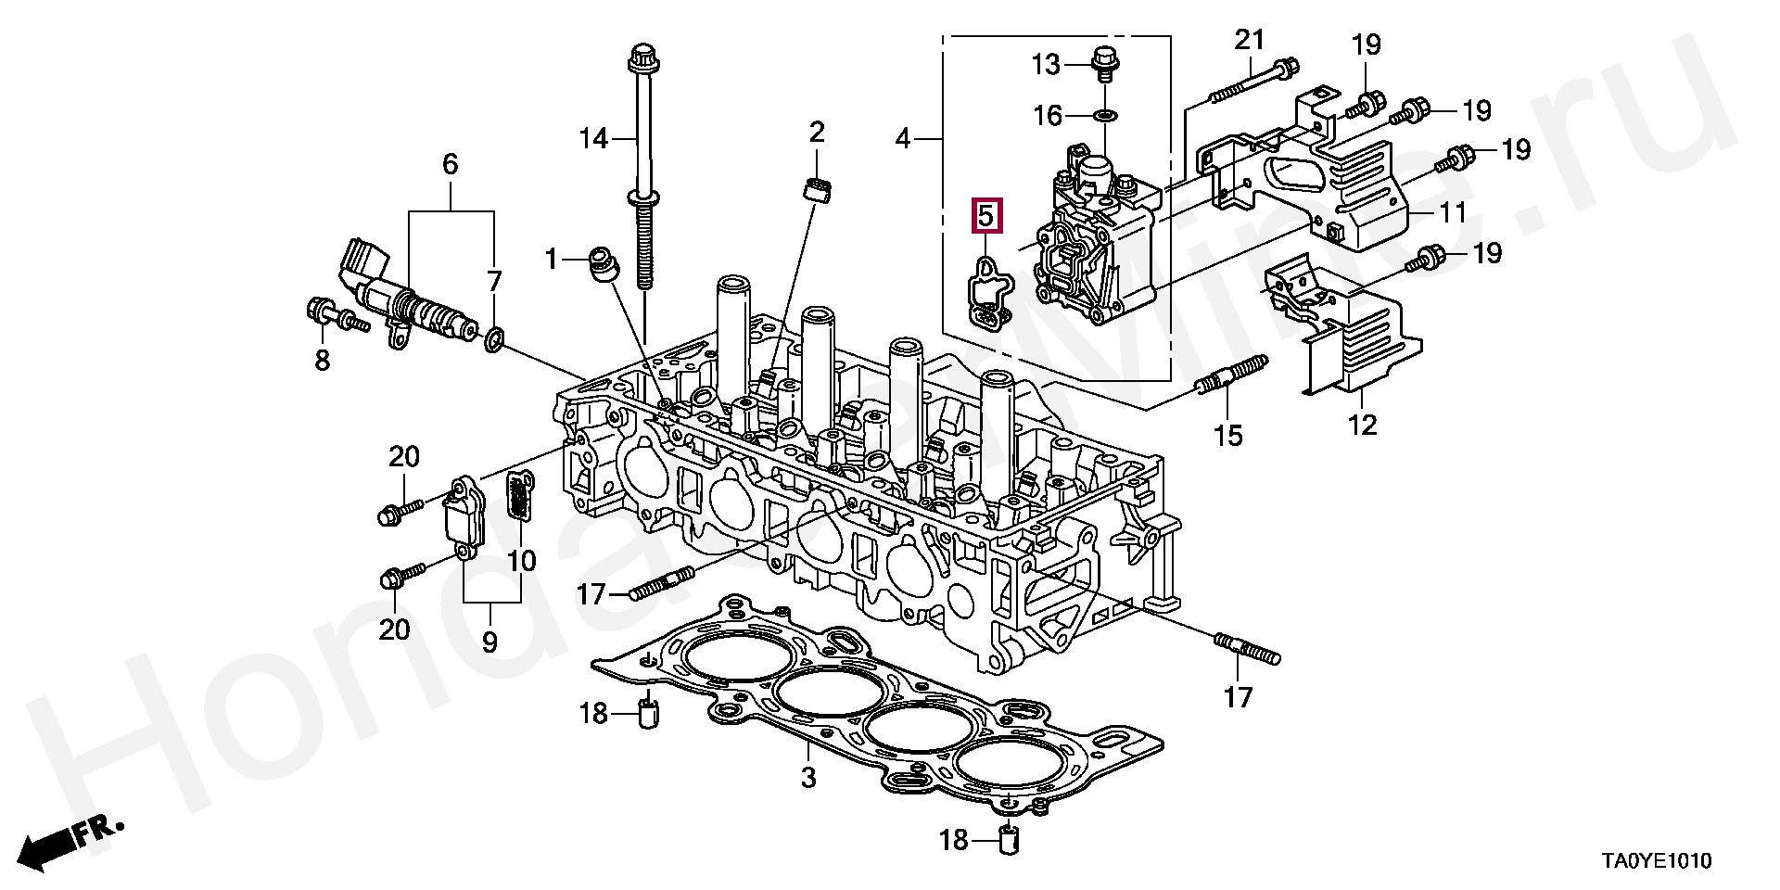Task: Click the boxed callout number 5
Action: [x=985, y=217]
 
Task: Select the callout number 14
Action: [x=593, y=140]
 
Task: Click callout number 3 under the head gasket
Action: [x=807, y=777]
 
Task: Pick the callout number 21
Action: [x=1250, y=41]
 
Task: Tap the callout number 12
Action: [x=1363, y=425]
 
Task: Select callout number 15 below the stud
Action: [x=1228, y=435]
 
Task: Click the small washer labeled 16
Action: [x=1105, y=116]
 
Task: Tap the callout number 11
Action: [x=1452, y=213]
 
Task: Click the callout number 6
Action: [x=450, y=166]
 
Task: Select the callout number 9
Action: [x=489, y=642]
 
